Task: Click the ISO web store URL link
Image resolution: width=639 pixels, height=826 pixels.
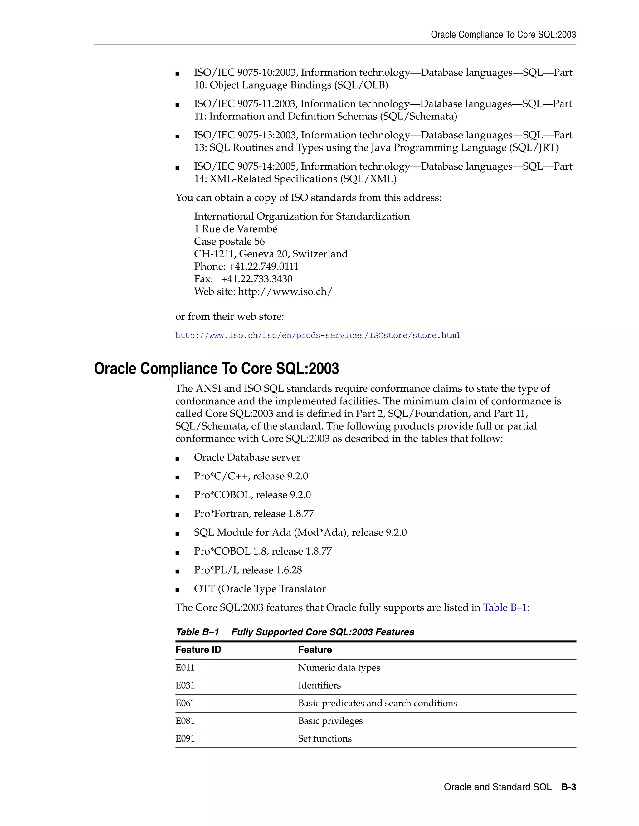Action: pyautogui.click(x=317, y=335)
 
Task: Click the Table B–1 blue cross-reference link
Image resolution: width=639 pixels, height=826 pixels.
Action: pyautogui.click(x=505, y=607)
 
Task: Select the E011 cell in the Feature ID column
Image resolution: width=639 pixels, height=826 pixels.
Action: pyautogui.click(x=185, y=668)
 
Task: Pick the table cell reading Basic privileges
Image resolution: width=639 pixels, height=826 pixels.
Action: pyautogui.click(x=330, y=721)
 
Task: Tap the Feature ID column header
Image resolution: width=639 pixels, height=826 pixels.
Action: pyautogui.click(x=198, y=650)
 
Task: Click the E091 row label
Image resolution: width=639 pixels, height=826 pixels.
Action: pyautogui.click(x=185, y=739)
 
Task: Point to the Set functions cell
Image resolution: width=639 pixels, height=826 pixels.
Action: pyautogui.click(x=324, y=739)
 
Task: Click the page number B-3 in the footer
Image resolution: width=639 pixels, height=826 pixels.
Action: pyautogui.click(x=568, y=787)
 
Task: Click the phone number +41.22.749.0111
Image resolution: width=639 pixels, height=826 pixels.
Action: pyautogui.click(x=263, y=267)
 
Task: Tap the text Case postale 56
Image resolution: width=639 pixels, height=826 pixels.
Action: pyautogui.click(x=229, y=241)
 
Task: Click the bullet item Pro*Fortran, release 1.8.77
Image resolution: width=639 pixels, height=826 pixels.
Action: pyautogui.click(x=254, y=514)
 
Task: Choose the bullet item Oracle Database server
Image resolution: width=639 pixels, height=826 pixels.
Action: pyautogui.click(x=247, y=457)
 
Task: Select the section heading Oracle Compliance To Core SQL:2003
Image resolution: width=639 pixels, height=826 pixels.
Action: pyautogui.click(x=216, y=369)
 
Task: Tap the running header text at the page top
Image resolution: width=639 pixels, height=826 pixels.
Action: pyautogui.click(x=503, y=35)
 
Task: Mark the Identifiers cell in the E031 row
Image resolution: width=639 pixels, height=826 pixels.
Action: pyautogui.click(x=319, y=686)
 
